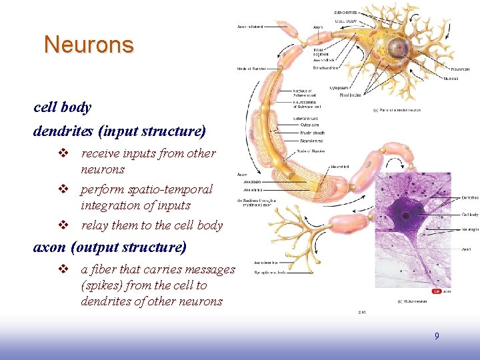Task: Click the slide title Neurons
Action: pos(89,45)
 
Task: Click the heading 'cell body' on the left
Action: pos(62,107)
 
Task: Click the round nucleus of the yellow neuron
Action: pos(399,47)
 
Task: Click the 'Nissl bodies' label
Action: pos(351,95)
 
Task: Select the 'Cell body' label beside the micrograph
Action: pos(469,215)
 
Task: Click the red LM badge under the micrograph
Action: pos(437,291)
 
